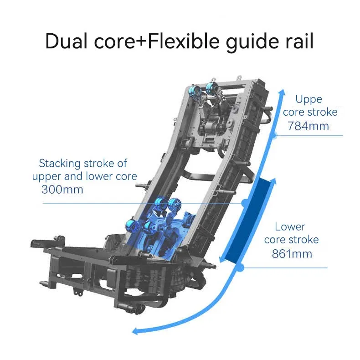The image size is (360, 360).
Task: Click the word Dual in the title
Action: [67, 41]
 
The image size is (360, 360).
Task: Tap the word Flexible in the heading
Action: [184, 41]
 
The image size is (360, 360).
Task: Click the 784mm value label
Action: [308, 126]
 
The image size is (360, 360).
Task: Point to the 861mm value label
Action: [292, 253]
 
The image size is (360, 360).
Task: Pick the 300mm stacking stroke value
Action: [62, 190]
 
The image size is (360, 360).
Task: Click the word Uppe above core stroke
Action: [309, 100]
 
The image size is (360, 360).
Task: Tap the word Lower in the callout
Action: [290, 226]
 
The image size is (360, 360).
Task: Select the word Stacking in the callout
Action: [60, 164]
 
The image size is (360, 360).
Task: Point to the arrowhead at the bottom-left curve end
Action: [137, 331]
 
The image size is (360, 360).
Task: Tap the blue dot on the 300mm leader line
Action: [245, 203]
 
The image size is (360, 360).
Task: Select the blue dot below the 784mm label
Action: [274, 135]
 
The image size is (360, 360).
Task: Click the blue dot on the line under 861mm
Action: [240, 267]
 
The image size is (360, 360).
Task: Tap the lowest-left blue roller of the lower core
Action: [132, 225]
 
